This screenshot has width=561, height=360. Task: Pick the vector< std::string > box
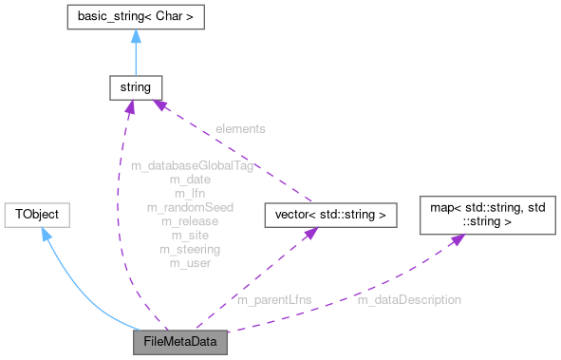(329, 215)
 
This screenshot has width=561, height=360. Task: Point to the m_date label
(189, 179)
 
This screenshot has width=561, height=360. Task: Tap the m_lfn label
(189, 193)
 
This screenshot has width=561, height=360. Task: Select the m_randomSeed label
(190, 207)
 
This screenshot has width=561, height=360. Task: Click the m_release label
(189, 220)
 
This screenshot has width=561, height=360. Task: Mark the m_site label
(189, 235)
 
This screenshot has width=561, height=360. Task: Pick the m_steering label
(189, 249)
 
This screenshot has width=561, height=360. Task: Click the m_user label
(189, 263)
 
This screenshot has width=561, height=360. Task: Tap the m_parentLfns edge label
(274, 300)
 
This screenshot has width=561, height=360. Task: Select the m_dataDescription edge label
(409, 300)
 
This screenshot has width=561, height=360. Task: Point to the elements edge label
(239, 127)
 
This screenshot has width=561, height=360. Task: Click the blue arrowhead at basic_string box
(136, 37)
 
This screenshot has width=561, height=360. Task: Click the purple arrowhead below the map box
(456, 239)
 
